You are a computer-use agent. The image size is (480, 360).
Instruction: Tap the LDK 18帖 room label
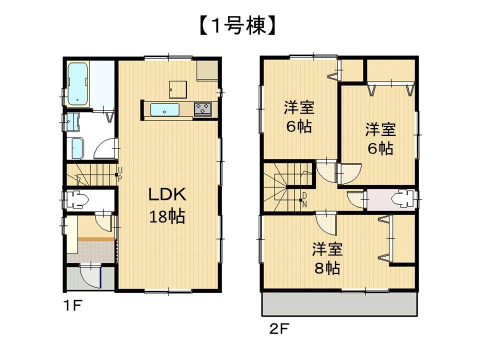pos(167,205)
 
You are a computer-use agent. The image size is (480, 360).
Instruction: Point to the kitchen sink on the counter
pos(165,109)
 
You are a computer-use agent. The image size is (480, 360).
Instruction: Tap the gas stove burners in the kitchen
pos(202,108)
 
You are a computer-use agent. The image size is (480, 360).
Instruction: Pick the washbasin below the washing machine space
pos(78,147)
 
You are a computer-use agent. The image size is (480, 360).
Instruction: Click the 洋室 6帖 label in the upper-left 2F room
pos(299,116)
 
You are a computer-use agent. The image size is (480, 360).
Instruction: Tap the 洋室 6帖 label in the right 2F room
pos(380,138)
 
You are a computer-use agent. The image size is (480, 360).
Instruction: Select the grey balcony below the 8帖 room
pos(338,303)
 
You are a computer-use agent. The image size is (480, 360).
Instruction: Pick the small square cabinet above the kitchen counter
pos(177,89)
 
